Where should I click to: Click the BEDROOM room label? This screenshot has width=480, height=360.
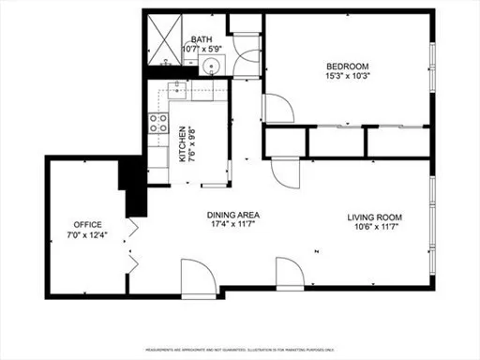click(x=346, y=66)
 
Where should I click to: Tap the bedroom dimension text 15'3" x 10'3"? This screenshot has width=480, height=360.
click(x=346, y=76)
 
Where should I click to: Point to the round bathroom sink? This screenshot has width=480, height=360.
click(x=213, y=66)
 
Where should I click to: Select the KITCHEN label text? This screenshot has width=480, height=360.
click(x=181, y=145)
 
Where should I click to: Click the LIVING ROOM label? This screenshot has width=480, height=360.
click(x=372, y=215)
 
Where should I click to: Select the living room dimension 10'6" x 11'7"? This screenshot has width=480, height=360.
click(x=372, y=225)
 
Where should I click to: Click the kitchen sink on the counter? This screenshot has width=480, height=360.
click(x=178, y=91)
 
